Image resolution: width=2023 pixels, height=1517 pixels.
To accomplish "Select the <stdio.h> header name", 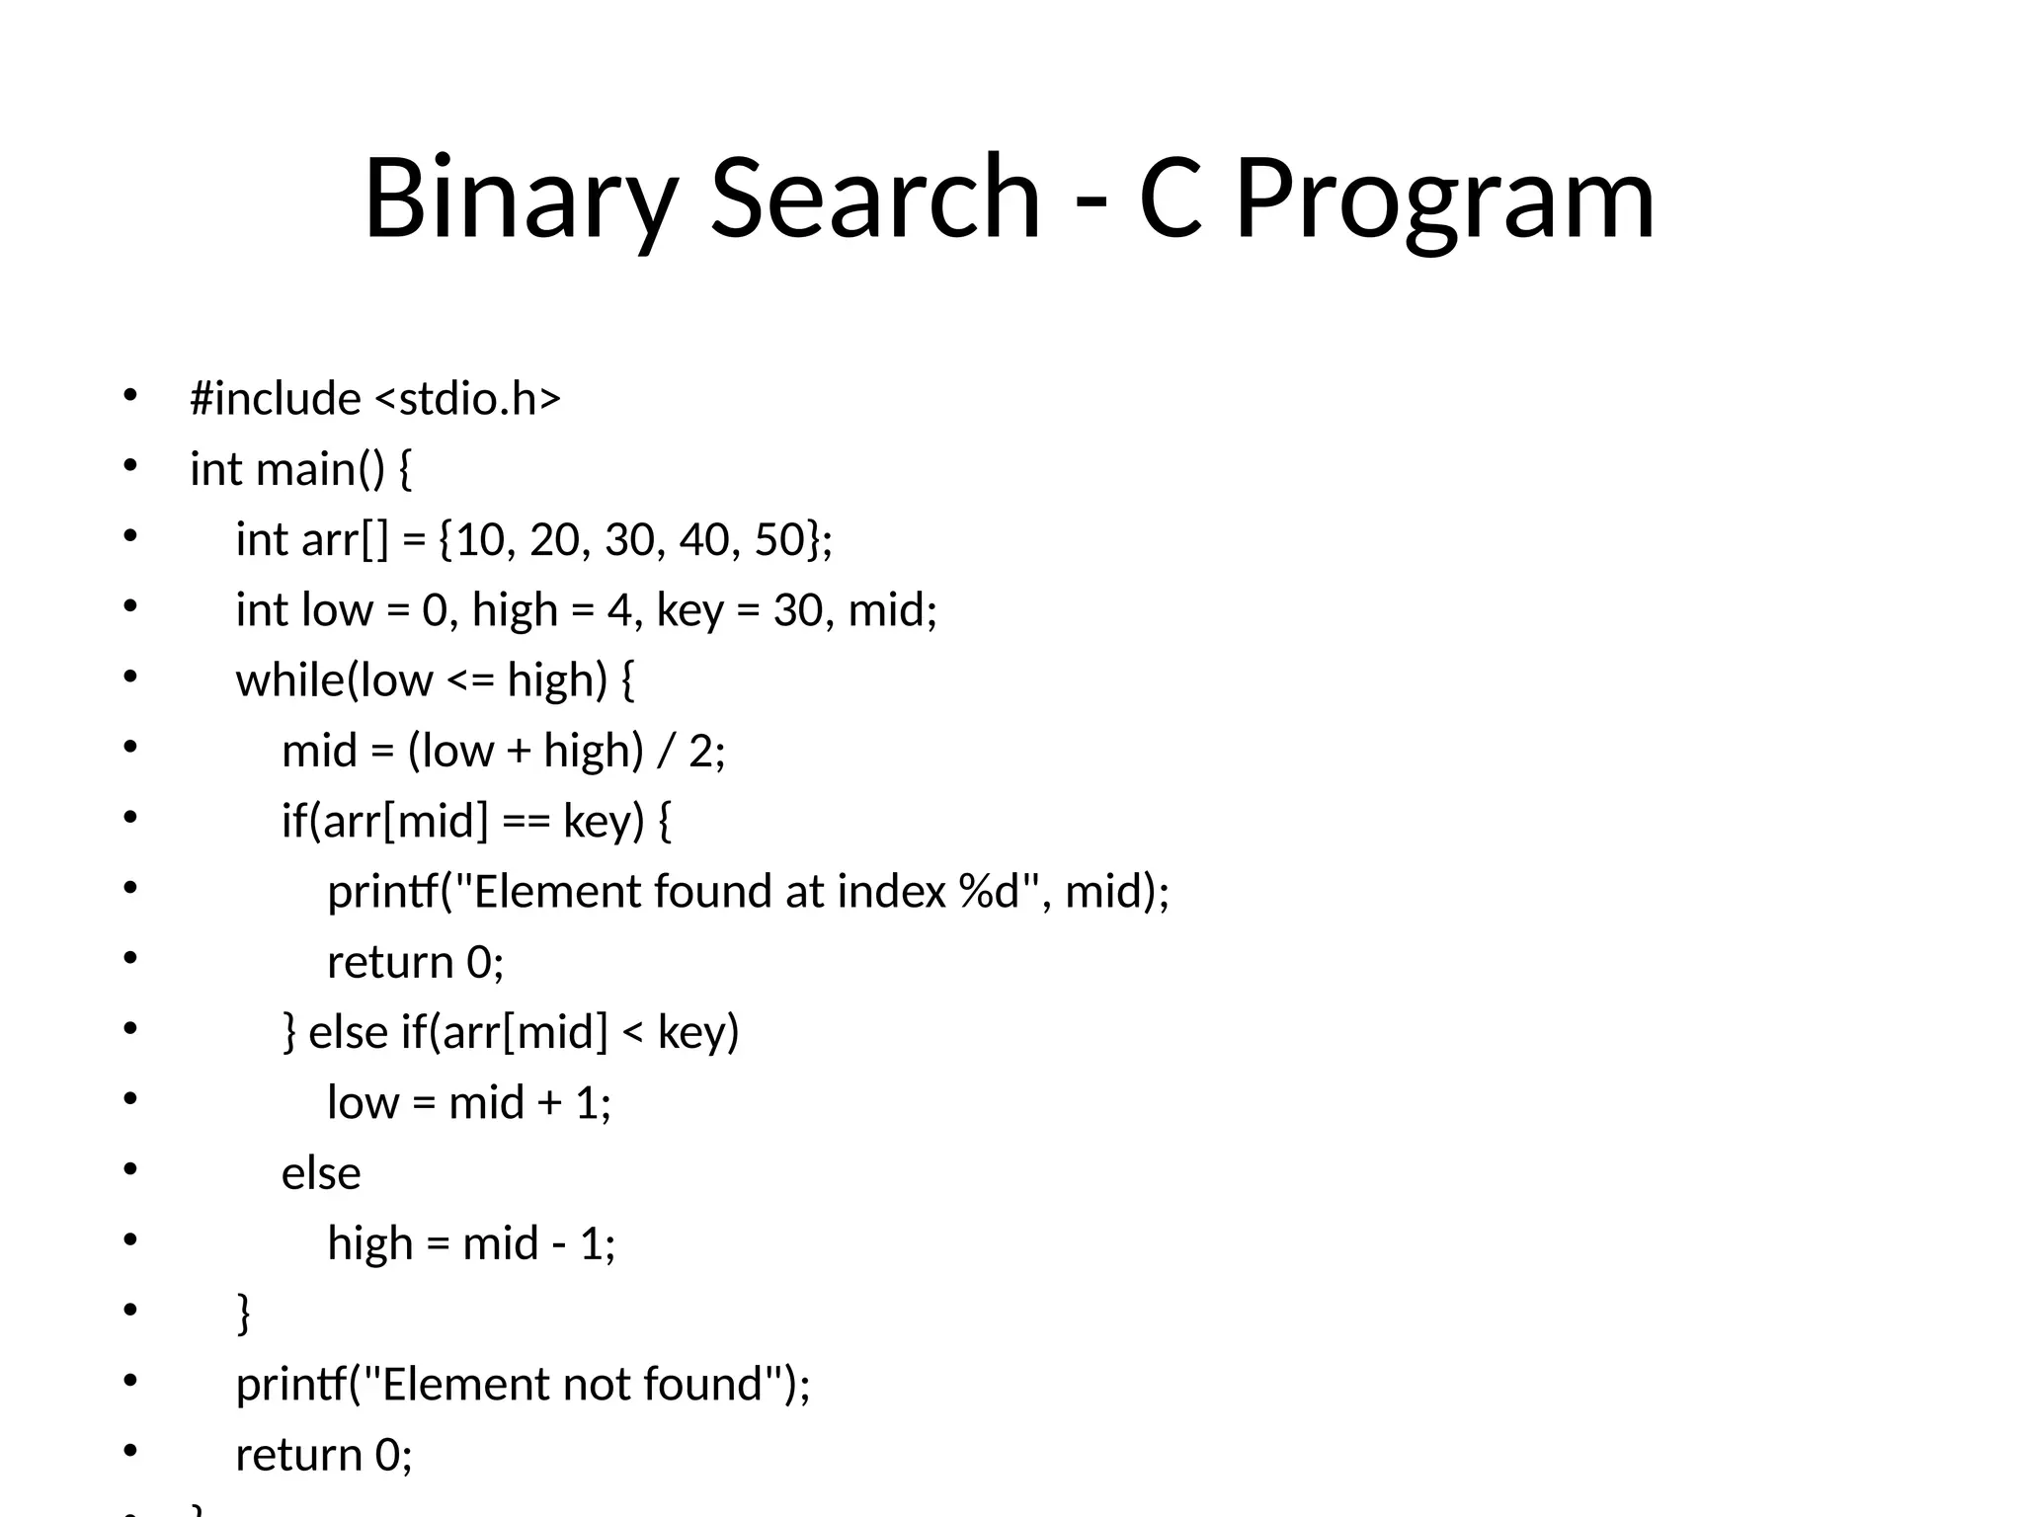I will point(468,398).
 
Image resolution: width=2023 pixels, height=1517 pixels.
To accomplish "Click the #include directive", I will point(276,398).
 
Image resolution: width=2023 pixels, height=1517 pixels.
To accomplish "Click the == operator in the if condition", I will point(526,821).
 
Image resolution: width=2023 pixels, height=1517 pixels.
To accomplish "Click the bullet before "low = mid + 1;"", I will point(130,1098).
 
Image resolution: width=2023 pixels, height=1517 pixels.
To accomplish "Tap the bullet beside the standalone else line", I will point(130,1168).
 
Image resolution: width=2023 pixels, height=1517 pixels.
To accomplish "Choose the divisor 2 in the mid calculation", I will point(700,751).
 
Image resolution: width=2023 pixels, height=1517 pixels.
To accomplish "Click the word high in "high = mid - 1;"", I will point(370,1242).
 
